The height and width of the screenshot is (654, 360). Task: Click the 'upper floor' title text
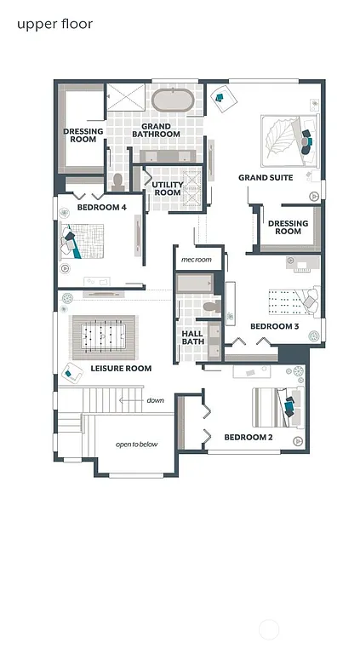[x=54, y=24]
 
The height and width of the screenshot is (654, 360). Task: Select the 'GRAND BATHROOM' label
[x=161, y=130]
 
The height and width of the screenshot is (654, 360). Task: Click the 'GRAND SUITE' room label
[x=266, y=178]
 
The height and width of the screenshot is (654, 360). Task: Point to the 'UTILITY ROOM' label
[x=167, y=188]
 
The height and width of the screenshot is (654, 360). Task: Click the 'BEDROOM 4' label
[x=101, y=207]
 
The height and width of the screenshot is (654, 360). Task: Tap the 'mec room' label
[x=196, y=259]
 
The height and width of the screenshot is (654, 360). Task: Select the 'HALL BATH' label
[x=193, y=337]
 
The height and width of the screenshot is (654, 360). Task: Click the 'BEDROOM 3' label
[x=274, y=326]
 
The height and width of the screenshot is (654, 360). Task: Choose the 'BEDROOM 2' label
[x=248, y=438]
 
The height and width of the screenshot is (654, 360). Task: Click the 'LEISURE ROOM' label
[x=121, y=369]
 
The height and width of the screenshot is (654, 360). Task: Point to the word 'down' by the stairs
[x=155, y=400]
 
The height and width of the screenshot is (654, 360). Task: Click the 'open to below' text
[x=137, y=445]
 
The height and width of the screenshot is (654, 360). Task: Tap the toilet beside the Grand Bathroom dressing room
[x=119, y=181]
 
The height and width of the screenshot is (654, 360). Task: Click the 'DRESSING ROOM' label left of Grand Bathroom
[x=83, y=135]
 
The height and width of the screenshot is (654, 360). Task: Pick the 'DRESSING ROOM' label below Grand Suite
[x=288, y=227]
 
